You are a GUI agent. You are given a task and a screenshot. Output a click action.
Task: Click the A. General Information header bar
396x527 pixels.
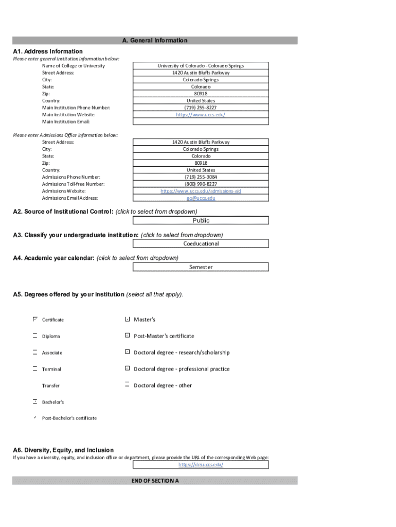point(155,40)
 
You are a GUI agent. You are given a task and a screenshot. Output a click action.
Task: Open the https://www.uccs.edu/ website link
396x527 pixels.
point(201,115)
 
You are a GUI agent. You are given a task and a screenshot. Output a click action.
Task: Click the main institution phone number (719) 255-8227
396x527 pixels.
point(201,108)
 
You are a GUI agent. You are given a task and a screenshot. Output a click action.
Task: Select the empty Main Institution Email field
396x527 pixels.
point(201,122)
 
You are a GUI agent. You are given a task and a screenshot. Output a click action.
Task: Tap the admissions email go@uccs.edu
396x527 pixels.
point(201,198)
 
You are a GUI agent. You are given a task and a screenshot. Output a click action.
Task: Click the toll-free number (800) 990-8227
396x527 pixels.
point(201,184)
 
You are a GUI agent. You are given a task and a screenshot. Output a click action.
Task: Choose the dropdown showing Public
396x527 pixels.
point(201,220)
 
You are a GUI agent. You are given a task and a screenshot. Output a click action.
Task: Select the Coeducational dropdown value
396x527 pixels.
point(201,244)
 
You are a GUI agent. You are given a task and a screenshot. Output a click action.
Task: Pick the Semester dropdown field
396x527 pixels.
point(201,267)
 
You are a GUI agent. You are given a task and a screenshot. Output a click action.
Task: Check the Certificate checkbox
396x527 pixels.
point(35,320)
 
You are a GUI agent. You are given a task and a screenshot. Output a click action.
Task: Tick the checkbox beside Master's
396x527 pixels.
point(127,320)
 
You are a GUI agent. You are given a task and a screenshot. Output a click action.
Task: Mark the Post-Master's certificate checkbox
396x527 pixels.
point(127,336)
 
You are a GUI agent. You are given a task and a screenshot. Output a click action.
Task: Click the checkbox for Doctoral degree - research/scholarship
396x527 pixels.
point(127,353)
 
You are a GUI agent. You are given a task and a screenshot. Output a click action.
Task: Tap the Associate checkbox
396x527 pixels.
point(35,353)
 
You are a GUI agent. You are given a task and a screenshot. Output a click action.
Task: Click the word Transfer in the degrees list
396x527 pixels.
point(51,385)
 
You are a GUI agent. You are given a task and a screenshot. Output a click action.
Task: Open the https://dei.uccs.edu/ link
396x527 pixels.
point(201,465)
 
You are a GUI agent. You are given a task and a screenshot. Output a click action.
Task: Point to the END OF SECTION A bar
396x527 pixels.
point(155,481)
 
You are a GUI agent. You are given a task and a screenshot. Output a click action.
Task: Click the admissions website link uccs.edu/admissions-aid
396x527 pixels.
point(201,191)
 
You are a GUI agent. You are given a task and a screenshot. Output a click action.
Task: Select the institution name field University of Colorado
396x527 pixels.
point(201,66)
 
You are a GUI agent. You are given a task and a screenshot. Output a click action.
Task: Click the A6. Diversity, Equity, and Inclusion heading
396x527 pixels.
point(64,450)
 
